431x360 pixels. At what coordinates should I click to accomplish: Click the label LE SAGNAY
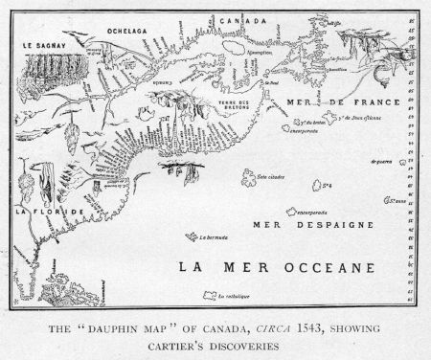[x=35, y=44]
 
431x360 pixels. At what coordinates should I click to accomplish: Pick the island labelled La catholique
[x=233, y=298]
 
